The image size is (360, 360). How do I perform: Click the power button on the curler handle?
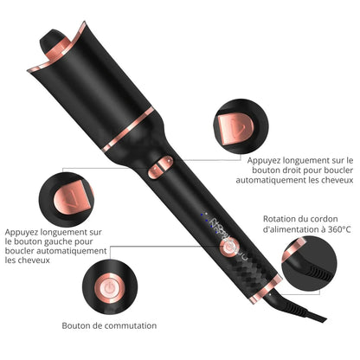point(228,247)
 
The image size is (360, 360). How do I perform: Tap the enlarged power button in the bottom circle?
point(109,287)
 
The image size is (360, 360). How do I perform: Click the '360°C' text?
point(339,229)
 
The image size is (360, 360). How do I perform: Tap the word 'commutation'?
point(131,325)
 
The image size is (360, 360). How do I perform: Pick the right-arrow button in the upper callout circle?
point(235,129)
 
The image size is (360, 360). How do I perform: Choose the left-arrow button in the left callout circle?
point(71,198)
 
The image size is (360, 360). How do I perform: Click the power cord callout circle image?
point(308,263)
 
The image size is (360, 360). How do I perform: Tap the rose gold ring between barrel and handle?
point(128,129)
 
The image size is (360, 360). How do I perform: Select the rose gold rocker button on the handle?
point(160,167)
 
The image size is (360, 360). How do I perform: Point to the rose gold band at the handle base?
point(266,289)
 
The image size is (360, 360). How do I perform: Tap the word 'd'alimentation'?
point(294,229)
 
